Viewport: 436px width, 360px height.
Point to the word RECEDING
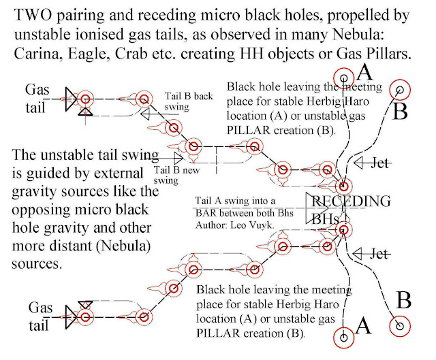coord(352,201)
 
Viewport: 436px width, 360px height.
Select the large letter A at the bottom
coord(364,327)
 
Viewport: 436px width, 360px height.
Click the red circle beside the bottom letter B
coord(394,327)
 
